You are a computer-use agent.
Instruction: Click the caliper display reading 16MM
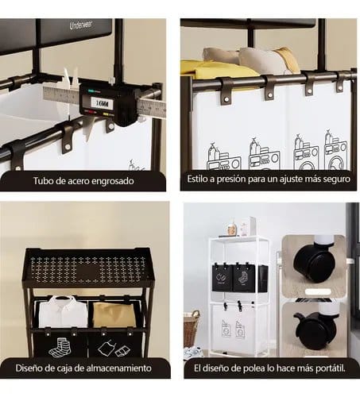[102, 103]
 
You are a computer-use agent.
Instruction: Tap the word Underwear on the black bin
[81, 25]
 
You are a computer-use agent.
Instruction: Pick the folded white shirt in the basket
[63, 312]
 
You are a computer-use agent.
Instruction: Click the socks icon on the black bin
[60, 347]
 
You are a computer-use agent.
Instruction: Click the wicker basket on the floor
[192, 329]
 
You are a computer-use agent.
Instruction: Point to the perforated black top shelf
[88, 267]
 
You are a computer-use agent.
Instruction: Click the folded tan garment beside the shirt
[114, 314]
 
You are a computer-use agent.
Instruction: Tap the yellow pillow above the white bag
[213, 67]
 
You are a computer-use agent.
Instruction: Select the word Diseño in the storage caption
[28, 368]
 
